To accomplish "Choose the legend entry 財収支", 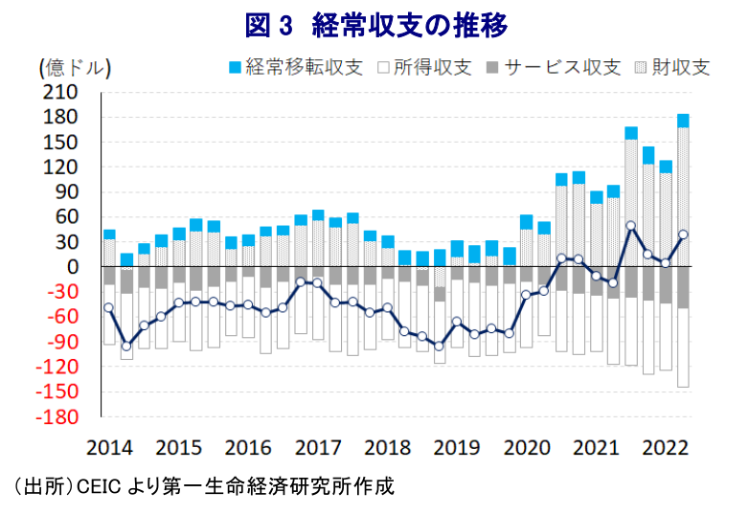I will [670, 67].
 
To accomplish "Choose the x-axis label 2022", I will [666, 447].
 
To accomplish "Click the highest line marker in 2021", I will [630, 226].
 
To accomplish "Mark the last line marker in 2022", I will [683, 234].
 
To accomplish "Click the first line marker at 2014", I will [108, 307].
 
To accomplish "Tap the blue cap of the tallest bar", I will [683, 121].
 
